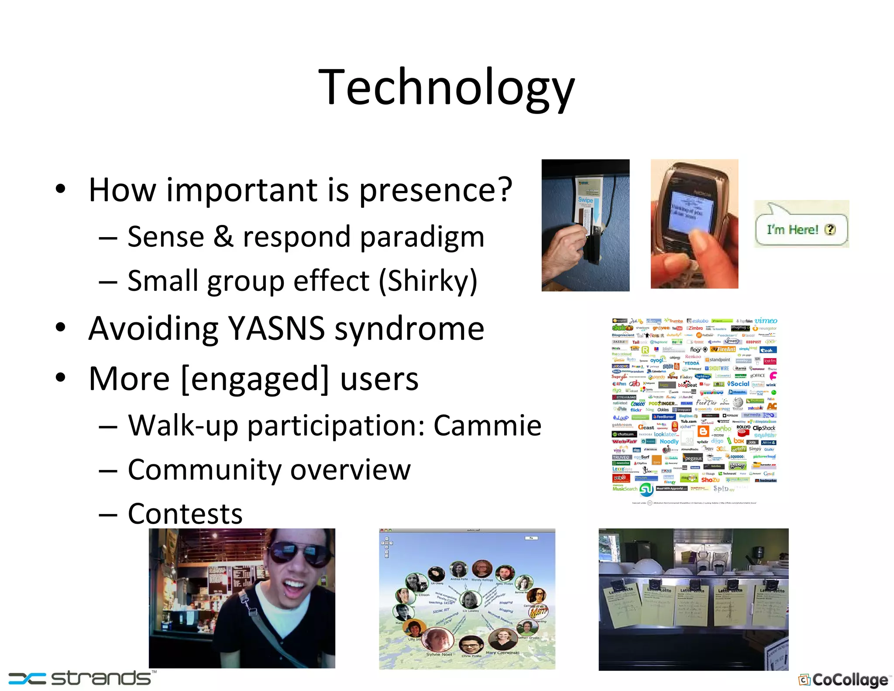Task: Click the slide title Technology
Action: pyautogui.click(x=446, y=87)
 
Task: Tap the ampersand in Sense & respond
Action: pyautogui.click(x=223, y=237)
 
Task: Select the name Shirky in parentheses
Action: pyautogui.click(x=428, y=281)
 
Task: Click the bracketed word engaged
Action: pyautogui.click(x=255, y=379)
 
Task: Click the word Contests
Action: pyautogui.click(x=185, y=514)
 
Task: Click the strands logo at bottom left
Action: pyautogui.click(x=81, y=678)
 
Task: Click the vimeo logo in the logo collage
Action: pyautogui.click(x=766, y=321)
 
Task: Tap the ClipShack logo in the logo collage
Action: pyautogui.click(x=764, y=428)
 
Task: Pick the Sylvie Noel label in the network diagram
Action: pyautogui.click(x=439, y=654)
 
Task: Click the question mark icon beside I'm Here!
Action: pyautogui.click(x=830, y=230)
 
